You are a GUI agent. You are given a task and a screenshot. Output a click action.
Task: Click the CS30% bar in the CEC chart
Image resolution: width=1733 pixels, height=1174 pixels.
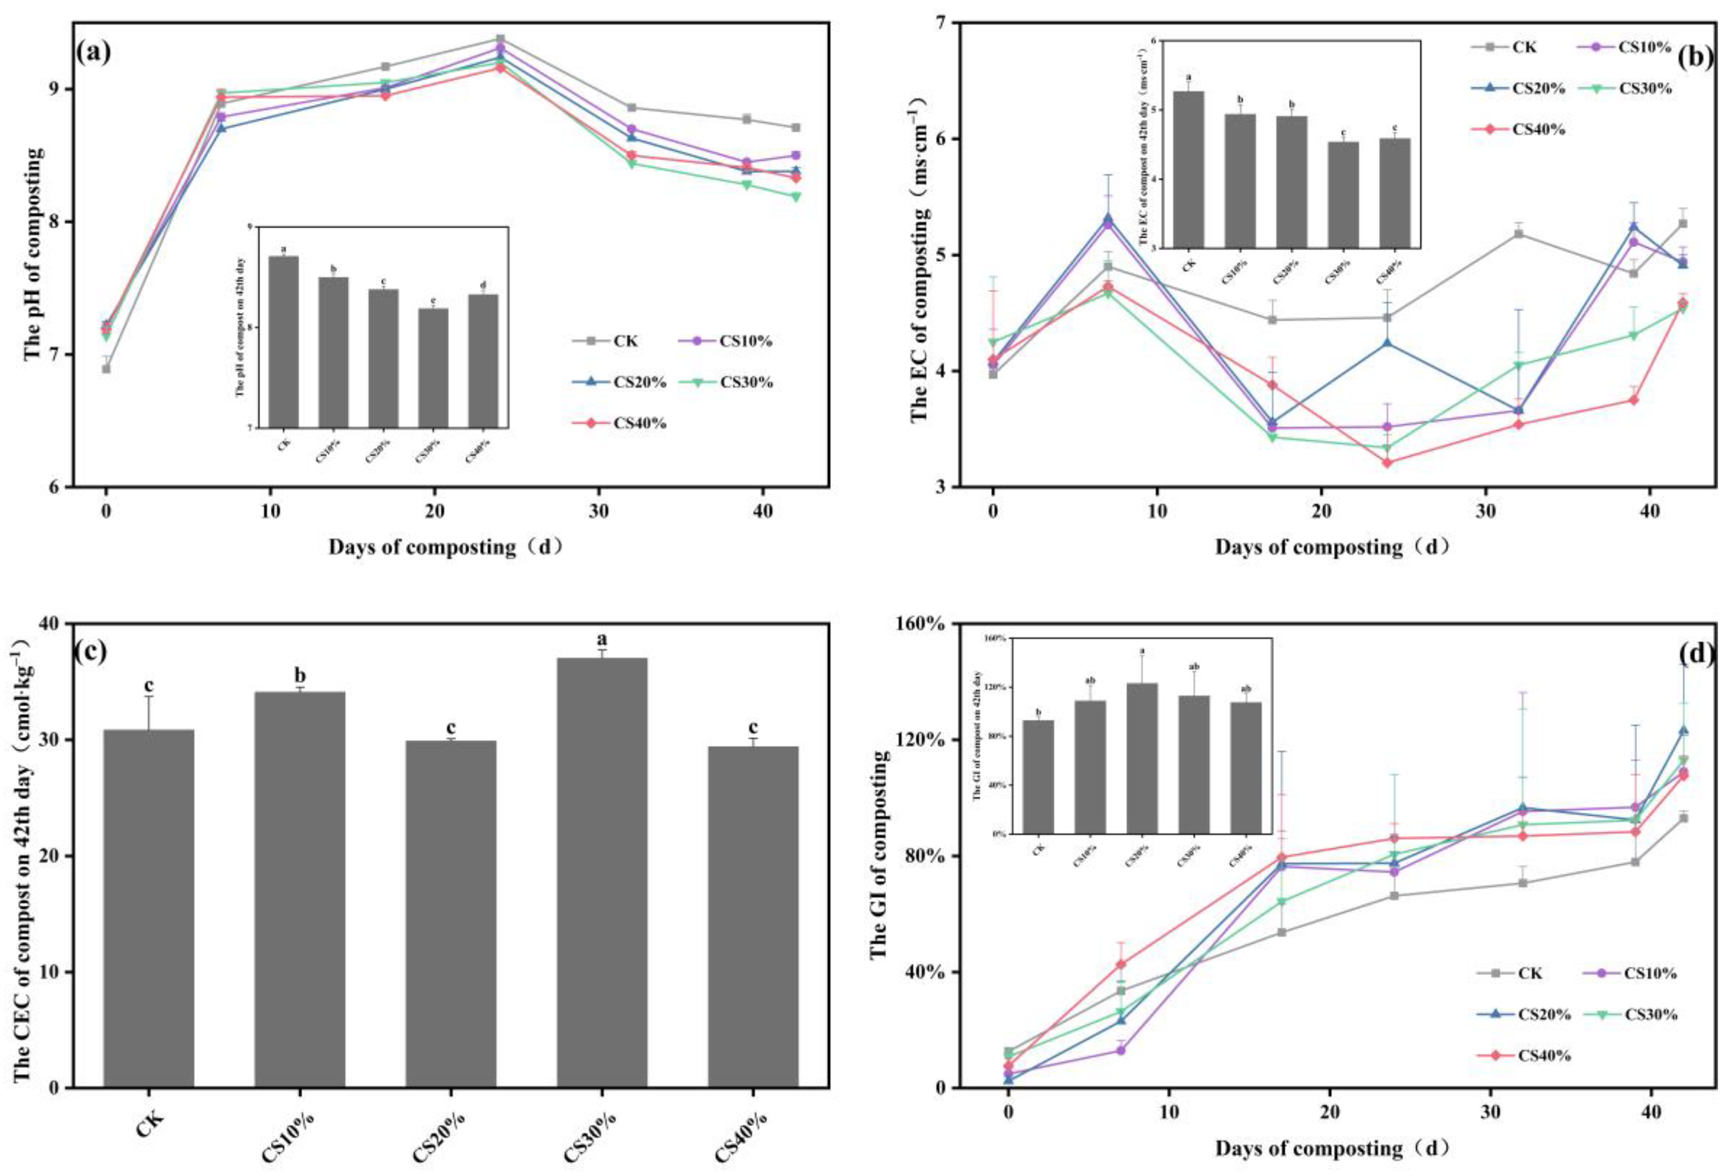[x=602, y=873]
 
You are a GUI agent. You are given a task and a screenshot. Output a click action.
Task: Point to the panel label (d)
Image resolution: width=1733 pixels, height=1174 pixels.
[x=1695, y=654]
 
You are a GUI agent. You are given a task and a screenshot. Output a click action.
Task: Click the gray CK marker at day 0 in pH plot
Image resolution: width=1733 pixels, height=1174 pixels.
[x=106, y=369]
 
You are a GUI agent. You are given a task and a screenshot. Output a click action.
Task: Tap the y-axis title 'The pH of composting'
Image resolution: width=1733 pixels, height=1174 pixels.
[x=33, y=253]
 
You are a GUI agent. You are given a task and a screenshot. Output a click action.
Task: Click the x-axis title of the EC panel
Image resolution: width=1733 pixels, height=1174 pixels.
[x=1331, y=547]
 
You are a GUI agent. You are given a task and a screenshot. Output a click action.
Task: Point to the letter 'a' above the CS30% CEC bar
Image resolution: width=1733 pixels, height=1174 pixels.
[x=601, y=639]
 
